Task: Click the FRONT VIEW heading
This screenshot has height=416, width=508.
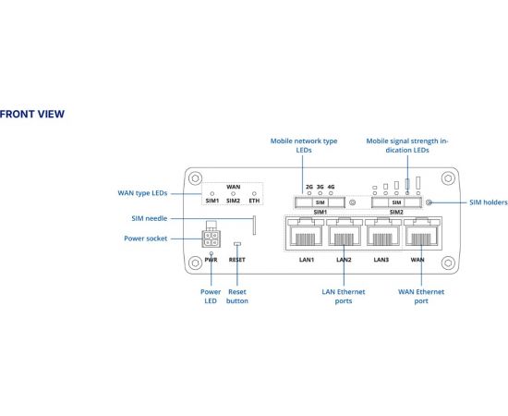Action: pyautogui.click(x=32, y=114)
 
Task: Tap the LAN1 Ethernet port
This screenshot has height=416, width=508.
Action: pyautogui.click(x=305, y=233)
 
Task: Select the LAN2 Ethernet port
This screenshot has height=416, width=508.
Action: pyautogui.click(x=345, y=233)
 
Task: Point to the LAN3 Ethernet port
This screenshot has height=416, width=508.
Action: pyautogui.click(x=383, y=233)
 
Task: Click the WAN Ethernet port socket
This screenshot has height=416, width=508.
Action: pyautogui.click(x=422, y=233)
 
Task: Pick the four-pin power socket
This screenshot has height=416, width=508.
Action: pyautogui.click(x=212, y=239)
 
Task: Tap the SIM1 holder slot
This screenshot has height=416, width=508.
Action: pyautogui.click(x=320, y=202)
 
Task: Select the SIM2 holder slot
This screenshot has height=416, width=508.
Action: pyautogui.click(x=396, y=202)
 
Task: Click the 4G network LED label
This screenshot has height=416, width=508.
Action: pyautogui.click(x=331, y=187)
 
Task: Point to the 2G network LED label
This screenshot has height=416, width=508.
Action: pyautogui.click(x=309, y=187)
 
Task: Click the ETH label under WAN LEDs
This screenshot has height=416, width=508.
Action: pyautogui.click(x=254, y=201)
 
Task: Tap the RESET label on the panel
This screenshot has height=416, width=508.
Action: pyautogui.click(x=236, y=260)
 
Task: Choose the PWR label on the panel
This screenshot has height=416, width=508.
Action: pyautogui.click(x=211, y=260)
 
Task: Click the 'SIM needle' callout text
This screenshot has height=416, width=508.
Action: pyautogui.click(x=150, y=218)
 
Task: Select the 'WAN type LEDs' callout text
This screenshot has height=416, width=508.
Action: pyautogui.click(x=142, y=193)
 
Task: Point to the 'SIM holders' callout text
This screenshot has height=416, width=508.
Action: pyautogui.click(x=489, y=202)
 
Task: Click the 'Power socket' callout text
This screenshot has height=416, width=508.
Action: pyautogui.click(x=146, y=239)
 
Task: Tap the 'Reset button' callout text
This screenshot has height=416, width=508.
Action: pyautogui.click(x=237, y=297)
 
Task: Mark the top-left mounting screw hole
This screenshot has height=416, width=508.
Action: pyautogui.click(x=195, y=178)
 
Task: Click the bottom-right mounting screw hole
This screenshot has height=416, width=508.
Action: pyautogui.click(x=448, y=263)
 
